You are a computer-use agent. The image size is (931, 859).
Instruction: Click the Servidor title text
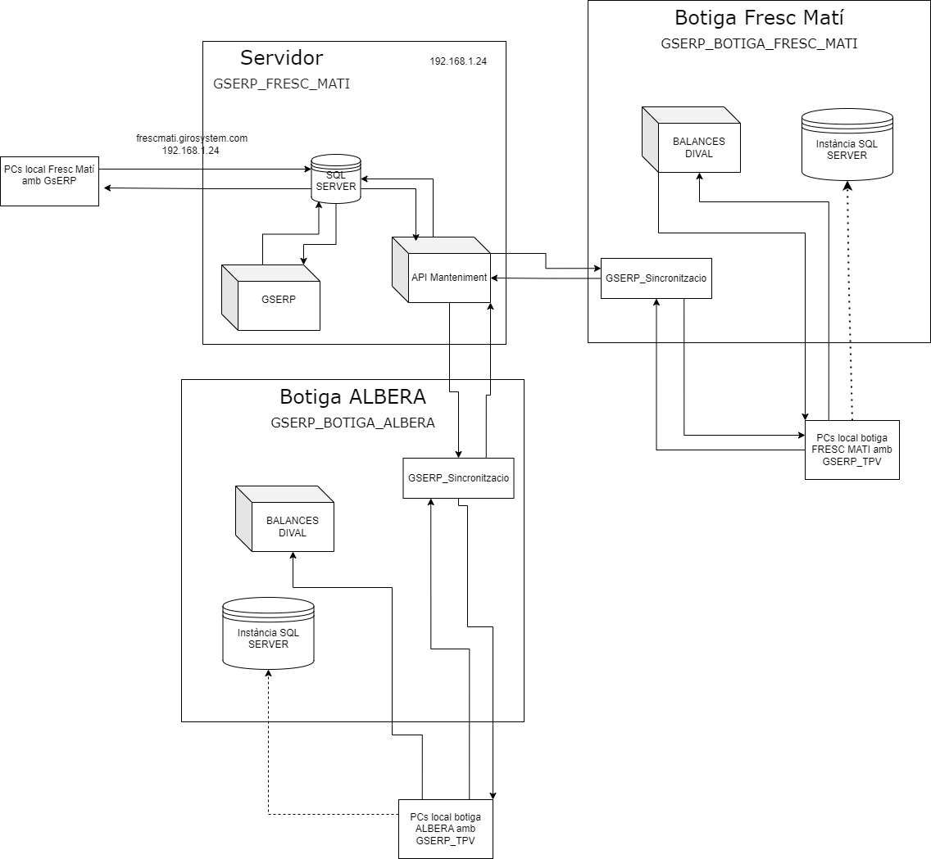281,58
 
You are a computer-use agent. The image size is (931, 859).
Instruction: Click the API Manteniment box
448,278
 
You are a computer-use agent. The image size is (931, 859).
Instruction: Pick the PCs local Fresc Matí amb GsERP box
49,181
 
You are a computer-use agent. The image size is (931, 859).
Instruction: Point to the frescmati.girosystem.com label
192,138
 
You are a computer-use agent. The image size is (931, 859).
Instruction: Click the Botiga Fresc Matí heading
759,17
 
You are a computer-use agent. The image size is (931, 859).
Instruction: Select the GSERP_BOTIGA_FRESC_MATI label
759,44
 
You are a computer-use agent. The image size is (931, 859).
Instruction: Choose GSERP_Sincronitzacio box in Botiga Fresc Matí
656,278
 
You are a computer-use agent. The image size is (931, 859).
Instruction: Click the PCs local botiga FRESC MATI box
852,450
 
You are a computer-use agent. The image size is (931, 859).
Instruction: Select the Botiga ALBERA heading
352,397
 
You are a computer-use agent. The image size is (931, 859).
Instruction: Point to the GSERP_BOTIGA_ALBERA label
352,423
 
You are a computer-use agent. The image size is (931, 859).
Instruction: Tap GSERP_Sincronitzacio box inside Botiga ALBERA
458,478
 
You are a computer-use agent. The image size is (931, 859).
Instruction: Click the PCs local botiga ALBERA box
445,829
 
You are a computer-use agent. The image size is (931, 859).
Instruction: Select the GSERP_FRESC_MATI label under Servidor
281,84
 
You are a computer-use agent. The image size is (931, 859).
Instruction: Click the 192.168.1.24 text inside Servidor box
458,61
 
